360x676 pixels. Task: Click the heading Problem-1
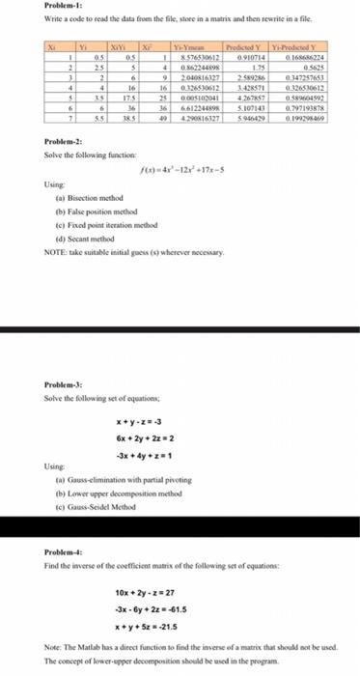[29, 5]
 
